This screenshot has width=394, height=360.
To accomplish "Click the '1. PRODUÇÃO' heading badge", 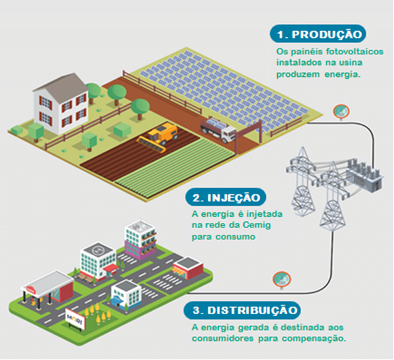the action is (x=318, y=34).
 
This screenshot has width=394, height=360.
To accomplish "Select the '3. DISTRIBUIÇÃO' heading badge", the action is (x=242, y=310).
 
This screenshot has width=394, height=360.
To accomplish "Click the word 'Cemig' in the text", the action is (x=257, y=225).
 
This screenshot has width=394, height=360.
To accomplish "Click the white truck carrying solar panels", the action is (x=218, y=130).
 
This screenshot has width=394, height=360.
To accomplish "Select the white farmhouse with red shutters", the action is (x=61, y=103).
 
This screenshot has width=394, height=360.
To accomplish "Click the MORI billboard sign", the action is (x=75, y=318).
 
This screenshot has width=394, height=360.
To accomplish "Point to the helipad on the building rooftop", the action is (x=98, y=250).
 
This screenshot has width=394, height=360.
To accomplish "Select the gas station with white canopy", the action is (x=47, y=289).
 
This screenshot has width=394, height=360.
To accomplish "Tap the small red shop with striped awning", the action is (x=188, y=268).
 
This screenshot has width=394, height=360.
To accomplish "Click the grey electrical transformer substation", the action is (x=364, y=174).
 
